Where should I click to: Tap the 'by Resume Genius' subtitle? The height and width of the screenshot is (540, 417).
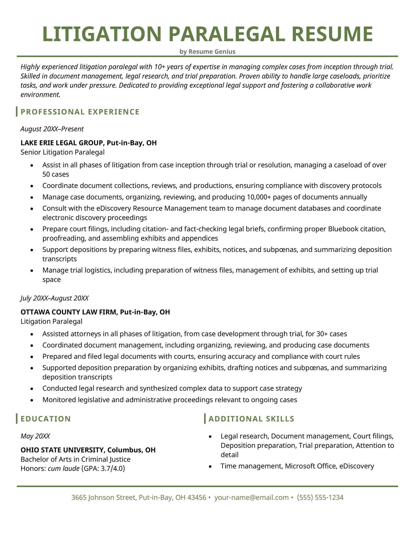[x=207, y=52]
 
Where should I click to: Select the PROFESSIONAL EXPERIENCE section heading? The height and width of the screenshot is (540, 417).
[x=80, y=112]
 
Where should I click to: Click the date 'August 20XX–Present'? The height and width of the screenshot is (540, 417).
[x=52, y=129]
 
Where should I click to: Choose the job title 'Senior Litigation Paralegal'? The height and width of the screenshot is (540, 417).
[x=63, y=152]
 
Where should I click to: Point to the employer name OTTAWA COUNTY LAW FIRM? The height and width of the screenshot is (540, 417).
[x=68, y=312]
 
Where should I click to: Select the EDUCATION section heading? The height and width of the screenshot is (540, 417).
[x=46, y=419]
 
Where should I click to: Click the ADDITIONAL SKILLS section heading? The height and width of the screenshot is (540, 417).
[x=251, y=419]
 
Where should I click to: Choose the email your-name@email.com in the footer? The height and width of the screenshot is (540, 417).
[x=252, y=497]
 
